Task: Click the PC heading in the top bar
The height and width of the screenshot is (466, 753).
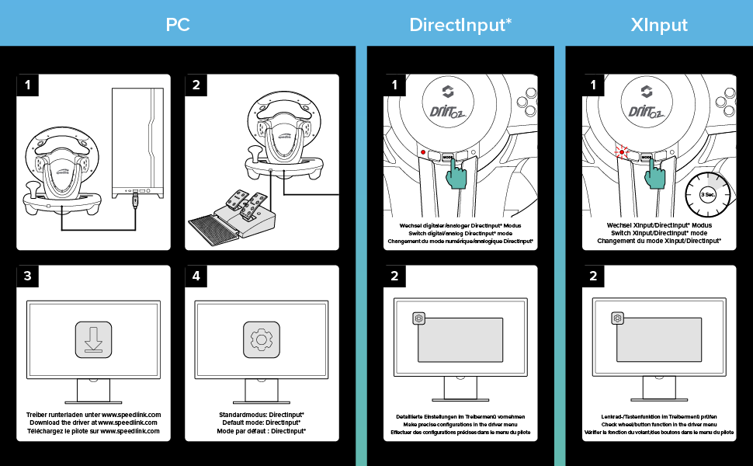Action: [x=178, y=24]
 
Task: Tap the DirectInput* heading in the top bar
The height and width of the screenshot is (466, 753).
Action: [x=460, y=24]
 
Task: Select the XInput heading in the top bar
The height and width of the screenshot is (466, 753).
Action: [x=659, y=24]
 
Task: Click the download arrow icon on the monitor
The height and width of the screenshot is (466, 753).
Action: [x=94, y=339]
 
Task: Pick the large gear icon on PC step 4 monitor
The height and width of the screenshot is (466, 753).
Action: [x=262, y=339]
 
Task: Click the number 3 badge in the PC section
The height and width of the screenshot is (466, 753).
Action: [x=28, y=276]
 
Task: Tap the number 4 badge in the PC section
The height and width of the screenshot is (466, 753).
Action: [x=196, y=276]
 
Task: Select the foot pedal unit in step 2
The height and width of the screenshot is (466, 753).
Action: [x=233, y=213]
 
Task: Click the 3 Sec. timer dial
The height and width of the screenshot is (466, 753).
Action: [x=707, y=194]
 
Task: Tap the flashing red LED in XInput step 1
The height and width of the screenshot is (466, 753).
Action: [x=621, y=152]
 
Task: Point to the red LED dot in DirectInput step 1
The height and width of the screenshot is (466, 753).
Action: [x=422, y=152]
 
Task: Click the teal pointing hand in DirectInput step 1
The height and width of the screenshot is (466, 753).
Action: [x=459, y=174]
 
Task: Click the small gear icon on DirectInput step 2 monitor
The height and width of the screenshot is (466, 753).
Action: [x=419, y=318]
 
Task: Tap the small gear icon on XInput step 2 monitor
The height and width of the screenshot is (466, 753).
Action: [x=617, y=318]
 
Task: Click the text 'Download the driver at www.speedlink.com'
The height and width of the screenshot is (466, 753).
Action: [x=94, y=423]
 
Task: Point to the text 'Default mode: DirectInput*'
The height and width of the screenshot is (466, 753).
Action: [x=261, y=423]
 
